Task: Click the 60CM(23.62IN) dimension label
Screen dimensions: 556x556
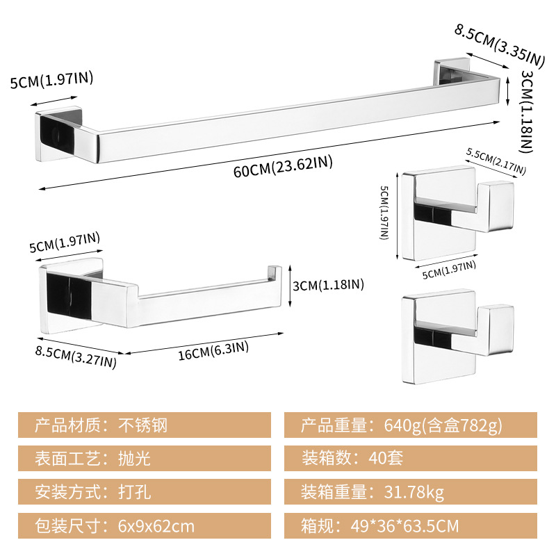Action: (x=283, y=166)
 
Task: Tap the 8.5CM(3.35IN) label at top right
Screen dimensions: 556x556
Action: (x=499, y=45)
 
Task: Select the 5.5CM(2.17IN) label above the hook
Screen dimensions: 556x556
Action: (x=496, y=161)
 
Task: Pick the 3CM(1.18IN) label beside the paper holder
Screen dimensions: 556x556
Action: (x=328, y=285)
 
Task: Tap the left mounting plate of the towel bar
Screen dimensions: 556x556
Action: (x=58, y=134)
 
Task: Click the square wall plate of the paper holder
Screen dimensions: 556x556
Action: (x=71, y=296)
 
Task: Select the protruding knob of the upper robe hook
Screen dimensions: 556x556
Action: (x=496, y=206)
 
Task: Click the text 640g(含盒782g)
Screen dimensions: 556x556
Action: (x=443, y=425)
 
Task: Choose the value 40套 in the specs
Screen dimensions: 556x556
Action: (x=386, y=458)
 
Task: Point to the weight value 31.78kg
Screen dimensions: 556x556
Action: (x=414, y=492)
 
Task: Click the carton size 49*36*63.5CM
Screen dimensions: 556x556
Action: (x=404, y=525)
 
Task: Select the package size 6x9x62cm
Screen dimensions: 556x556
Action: (x=156, y=526)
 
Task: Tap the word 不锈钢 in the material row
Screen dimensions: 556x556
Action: (x=142, y=425)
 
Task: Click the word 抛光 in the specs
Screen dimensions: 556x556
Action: (x=134, y=458)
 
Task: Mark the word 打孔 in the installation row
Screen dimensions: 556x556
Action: (x=134, y=492)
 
